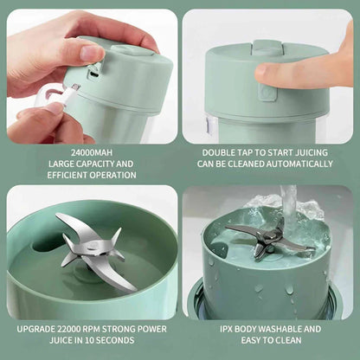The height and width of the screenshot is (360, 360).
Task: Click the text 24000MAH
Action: click(89, 151)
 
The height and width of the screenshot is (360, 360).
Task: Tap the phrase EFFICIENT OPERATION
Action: click(89, 175)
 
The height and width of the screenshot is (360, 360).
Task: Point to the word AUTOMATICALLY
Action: click(299, 163)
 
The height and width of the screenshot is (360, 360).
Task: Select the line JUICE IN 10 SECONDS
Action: click(89, 342)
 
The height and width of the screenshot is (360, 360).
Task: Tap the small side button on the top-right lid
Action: click(269, 93)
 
